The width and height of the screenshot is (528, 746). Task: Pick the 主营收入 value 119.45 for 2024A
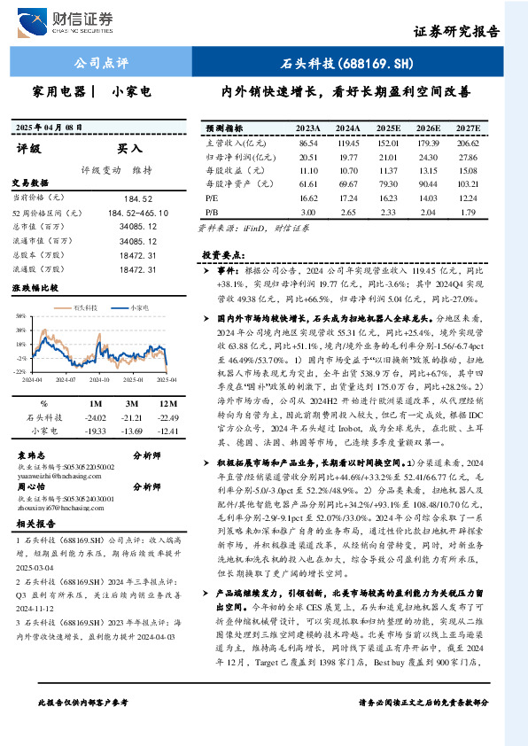pyautogui.click(x=348, y=142)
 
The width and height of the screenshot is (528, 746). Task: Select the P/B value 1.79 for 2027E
pyautogui.click(x=468, y=214)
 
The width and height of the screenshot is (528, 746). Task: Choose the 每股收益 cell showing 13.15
pyautogui.click(x=429, y=171)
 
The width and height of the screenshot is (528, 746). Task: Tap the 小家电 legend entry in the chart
pyautogui.click(x=134, y=307)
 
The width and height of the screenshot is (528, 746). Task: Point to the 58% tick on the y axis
pyautogui.click(x=20, y=316)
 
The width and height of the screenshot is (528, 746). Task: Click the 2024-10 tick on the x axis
pyautogui.click(x=99, y=378)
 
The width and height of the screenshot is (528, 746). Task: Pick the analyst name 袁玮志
pyautogui.click(x=32, y=454)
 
